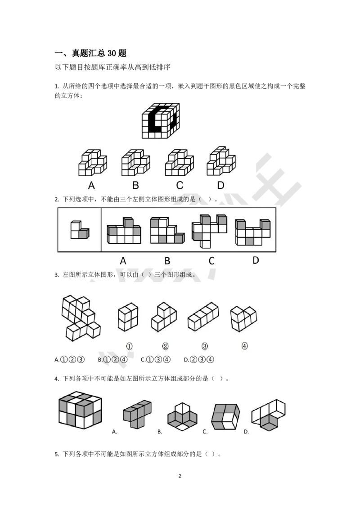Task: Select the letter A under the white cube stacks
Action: coord(91,185)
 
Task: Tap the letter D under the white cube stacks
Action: coord(220,185)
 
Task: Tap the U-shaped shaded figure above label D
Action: coord(252,232)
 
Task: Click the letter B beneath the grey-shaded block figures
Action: coord(167,260)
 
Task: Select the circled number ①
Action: coord(129,346)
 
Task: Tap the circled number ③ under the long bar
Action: coord(205,346)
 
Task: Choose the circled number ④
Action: coord(244,346)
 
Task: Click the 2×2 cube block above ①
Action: coord(128,317)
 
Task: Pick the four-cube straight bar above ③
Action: coord(203,317)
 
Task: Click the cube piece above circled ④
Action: coord(243,317)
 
